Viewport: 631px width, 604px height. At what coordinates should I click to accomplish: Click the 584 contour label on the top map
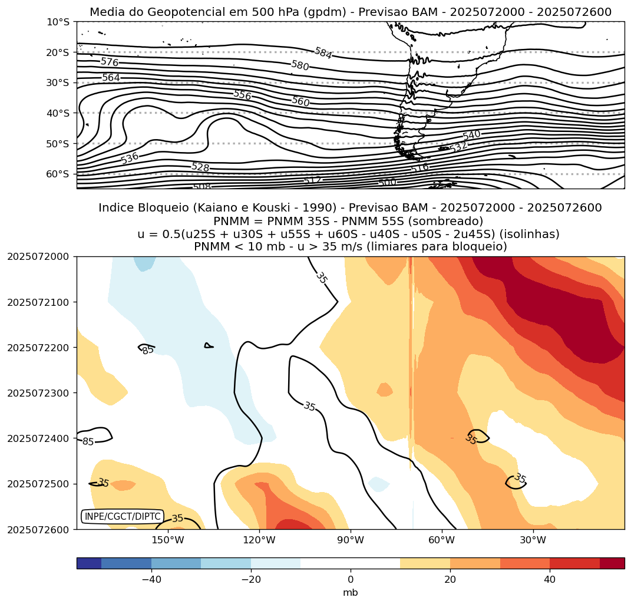pyautogui.click(x=323, y=53)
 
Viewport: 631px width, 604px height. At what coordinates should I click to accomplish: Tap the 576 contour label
pyautogui.click(x=110, y=62)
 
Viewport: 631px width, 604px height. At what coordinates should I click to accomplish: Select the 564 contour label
pyautogui.click(x=111, y=78)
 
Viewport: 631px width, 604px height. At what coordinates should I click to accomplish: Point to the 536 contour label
pyautogui.click(x=130, y=158)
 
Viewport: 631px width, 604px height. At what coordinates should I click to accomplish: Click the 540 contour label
pyautogui.click(x=471, y=136)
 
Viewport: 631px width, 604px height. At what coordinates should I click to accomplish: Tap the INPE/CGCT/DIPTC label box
pyautogui.click(x=122, y=517)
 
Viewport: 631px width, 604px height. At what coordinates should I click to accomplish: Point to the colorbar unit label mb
pyautogui.click(x=351, y=592)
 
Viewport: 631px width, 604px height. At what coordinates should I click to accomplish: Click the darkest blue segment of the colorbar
pyautogui.click(x=89, y=563)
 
